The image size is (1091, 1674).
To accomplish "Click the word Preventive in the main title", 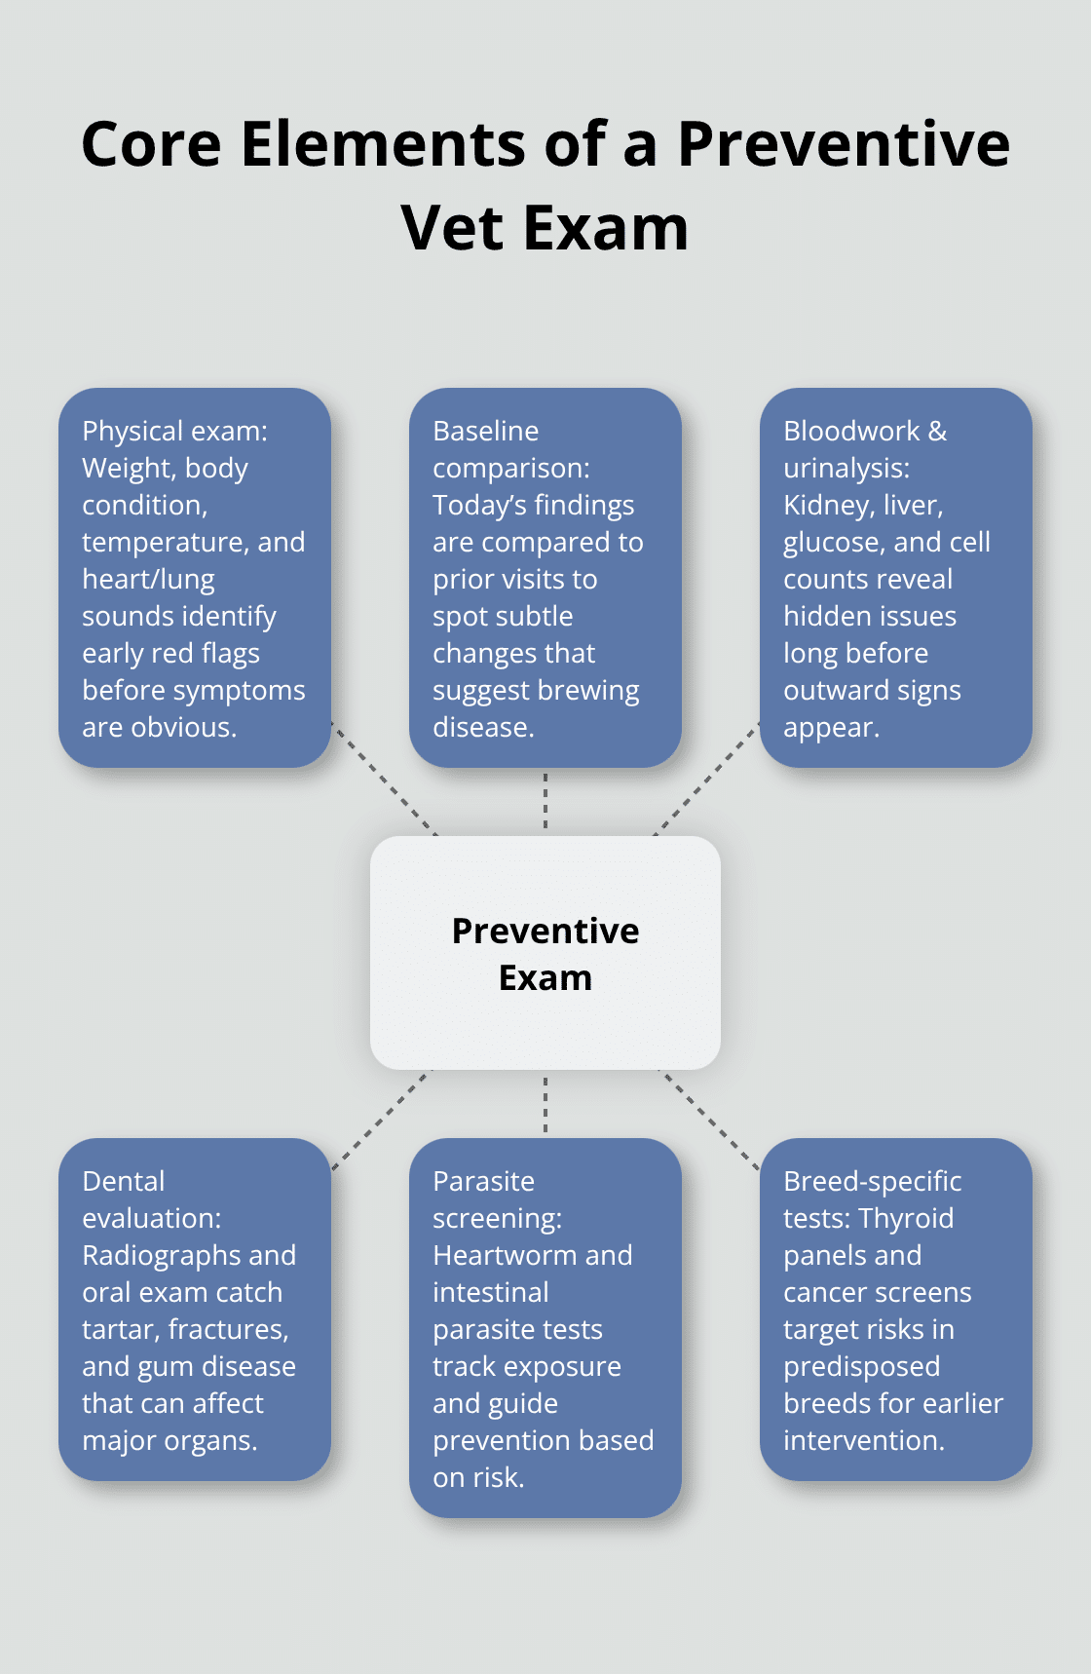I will pos(844,144).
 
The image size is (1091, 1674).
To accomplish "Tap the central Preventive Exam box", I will pos(545,953).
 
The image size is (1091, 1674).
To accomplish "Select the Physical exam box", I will pos(195,577).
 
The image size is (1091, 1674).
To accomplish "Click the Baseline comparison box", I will pos(545,577).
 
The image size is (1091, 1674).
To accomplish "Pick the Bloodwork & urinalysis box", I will pos(895,577).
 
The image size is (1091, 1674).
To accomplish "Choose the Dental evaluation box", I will pos(195,1309).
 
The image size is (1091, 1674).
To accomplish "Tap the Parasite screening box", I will pos(545,1327).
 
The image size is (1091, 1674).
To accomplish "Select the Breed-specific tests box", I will pos(895,1309).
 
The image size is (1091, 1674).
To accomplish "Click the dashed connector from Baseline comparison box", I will pos(545,801).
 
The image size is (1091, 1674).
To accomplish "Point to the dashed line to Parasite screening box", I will pos(545,1104).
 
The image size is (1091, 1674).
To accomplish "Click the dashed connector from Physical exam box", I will pos(385,780).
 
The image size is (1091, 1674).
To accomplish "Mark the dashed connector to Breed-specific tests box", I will pos(709,1120).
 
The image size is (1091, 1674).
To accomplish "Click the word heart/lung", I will pos(148,580).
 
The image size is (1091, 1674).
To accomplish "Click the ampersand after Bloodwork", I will pos(937,431).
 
